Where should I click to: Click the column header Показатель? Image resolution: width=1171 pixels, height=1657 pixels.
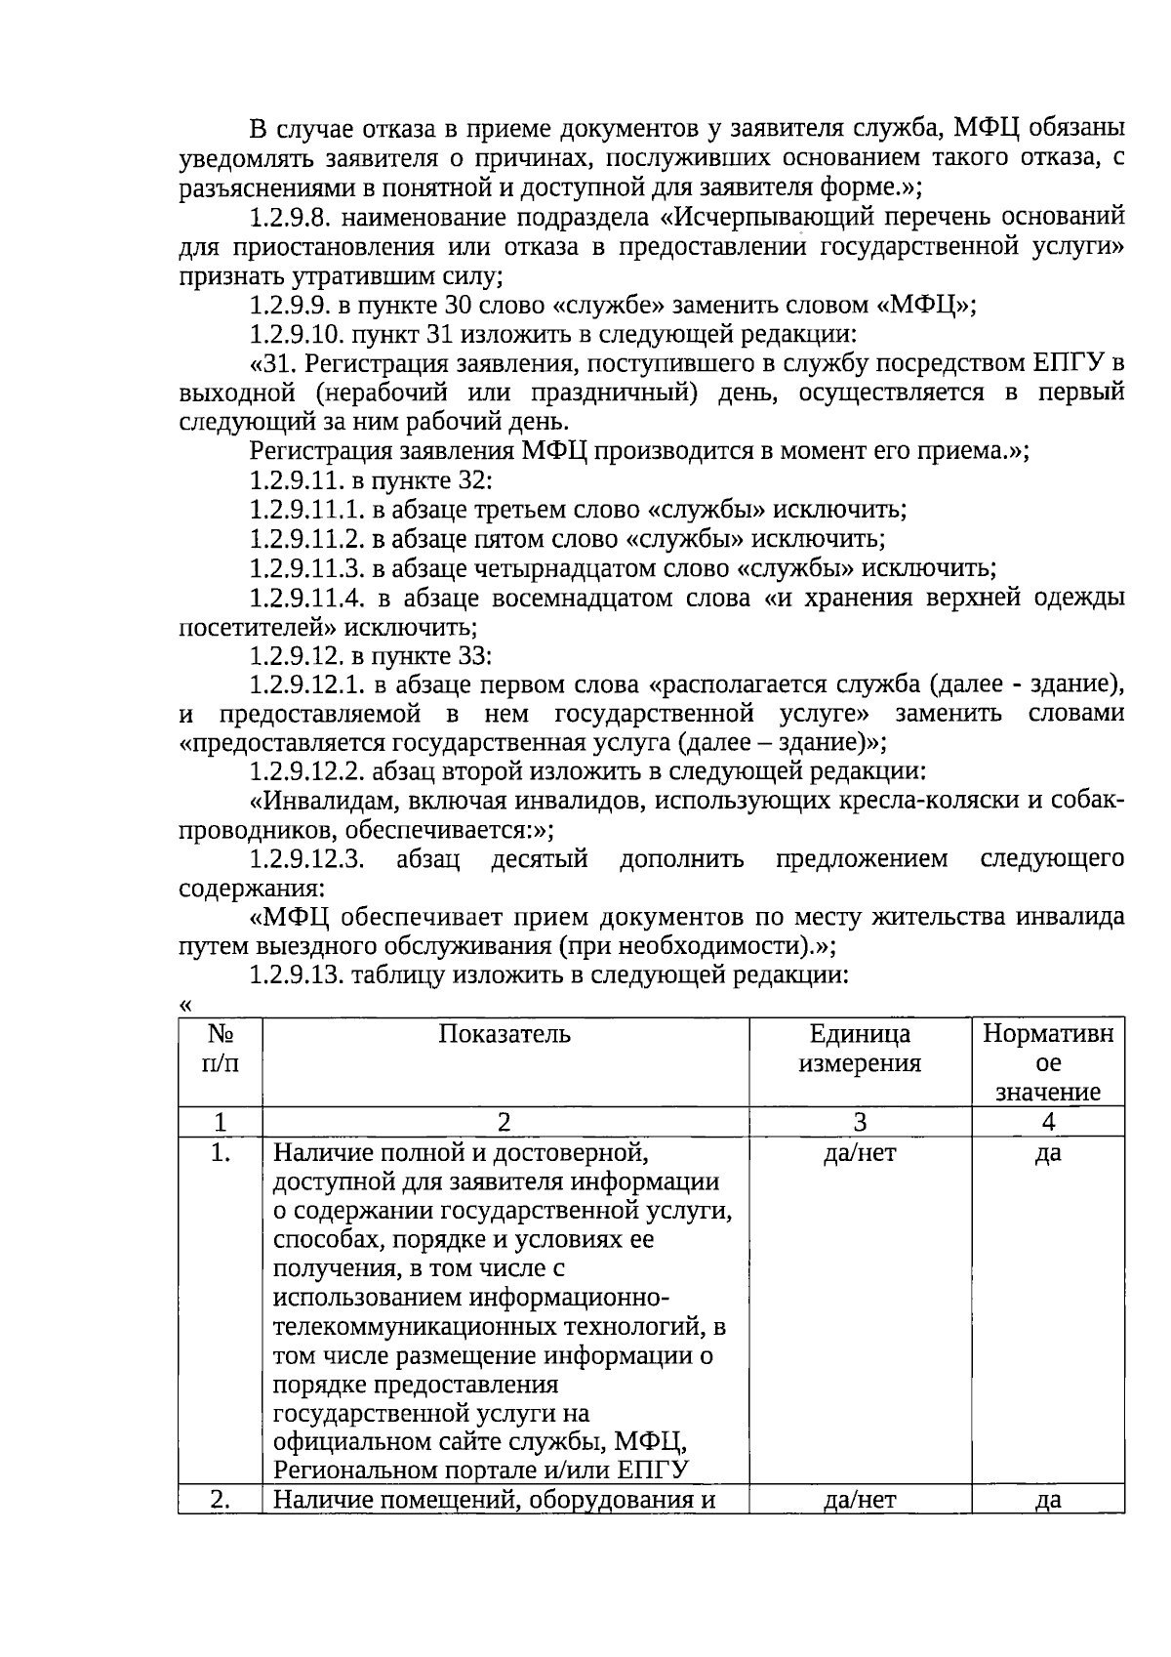tap(505, 1034)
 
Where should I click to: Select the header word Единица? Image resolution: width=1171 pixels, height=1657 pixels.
tap(860, 1034)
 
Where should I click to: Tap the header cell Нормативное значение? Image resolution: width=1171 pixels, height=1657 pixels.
tap(1048, 1062)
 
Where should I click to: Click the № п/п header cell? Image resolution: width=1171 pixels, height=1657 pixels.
tap(221, 1048)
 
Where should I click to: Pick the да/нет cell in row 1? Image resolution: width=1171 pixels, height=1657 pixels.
tap(860, 1153)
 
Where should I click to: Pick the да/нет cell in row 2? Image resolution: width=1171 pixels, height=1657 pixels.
tap(860, 1500)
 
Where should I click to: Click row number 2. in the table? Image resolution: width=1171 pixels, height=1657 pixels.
tap(221, 1500)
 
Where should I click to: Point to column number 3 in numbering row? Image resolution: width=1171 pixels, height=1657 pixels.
tap(860, 1122)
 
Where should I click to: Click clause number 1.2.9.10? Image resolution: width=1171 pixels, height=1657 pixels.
tap(298, 335)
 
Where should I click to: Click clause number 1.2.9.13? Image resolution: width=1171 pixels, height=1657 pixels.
tap(298, 974)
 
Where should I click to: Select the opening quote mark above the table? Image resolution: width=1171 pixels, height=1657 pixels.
tap(185, 1006)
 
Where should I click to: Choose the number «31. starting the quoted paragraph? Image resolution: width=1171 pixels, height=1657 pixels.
tap(271, 364)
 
